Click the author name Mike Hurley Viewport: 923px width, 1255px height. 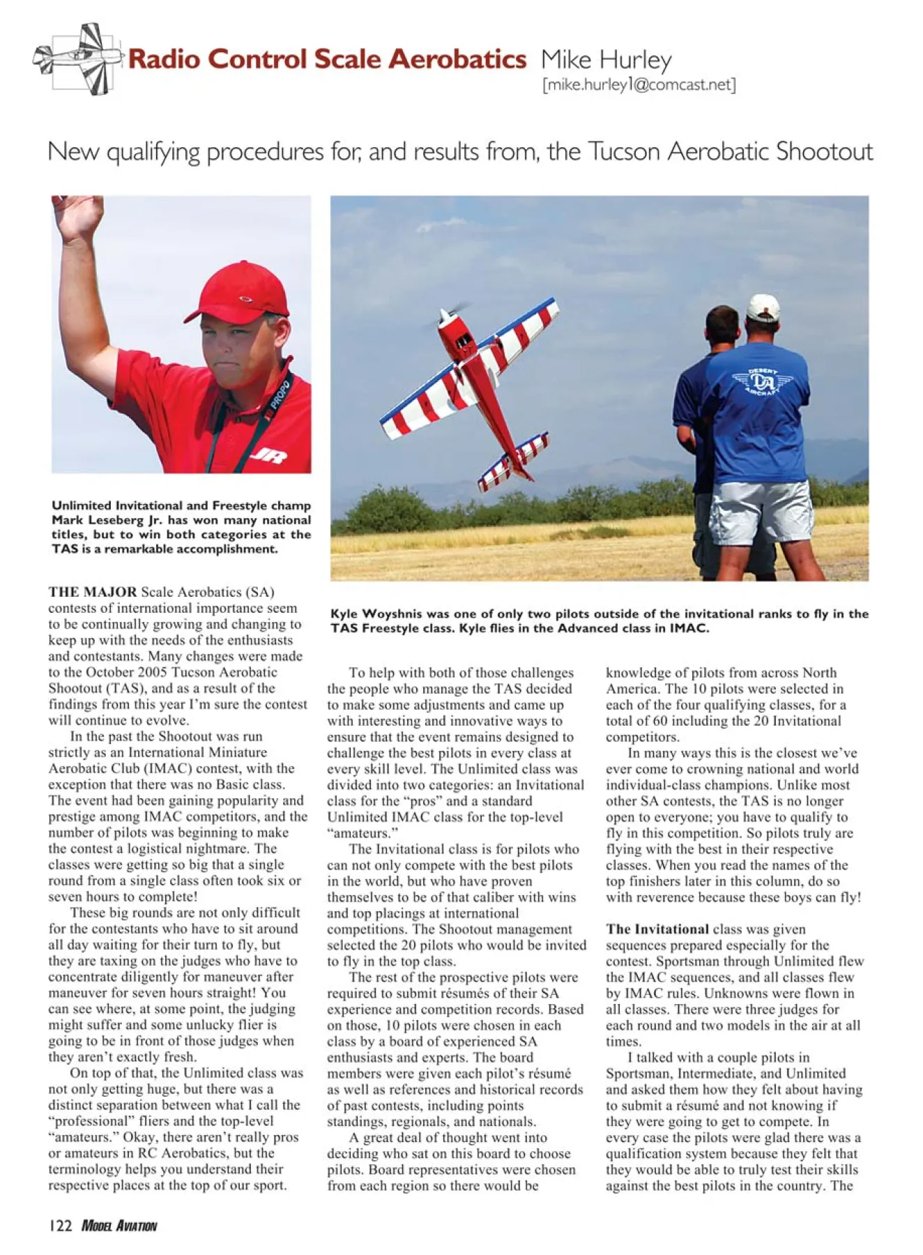(x=606, y=60)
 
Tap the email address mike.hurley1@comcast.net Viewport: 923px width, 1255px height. (x=639, y=85)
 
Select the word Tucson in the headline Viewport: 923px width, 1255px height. (x=625, y=151)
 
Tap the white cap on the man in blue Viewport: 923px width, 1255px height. (x=763, y=307)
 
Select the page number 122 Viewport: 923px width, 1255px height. (x=61, y=1225)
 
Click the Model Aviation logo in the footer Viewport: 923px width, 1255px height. (x=119, y=1226)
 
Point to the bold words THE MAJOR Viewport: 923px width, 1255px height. (x=93, y=592)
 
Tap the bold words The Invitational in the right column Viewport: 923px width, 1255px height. (x=657, y=929)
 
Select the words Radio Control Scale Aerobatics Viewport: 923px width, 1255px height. (x=327, y=59)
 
